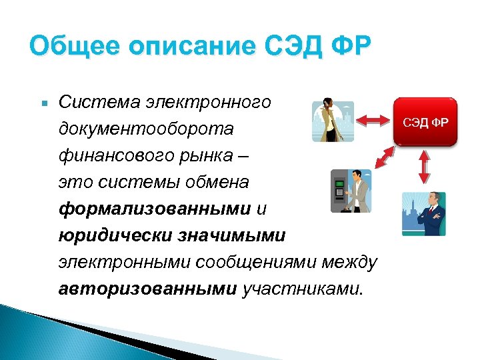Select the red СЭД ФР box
tap(425, 122)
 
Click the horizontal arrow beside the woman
tap(374, 120)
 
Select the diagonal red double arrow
tap(383, 157)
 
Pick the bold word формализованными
tap(154, 209)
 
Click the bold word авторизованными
tap(147, 289)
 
